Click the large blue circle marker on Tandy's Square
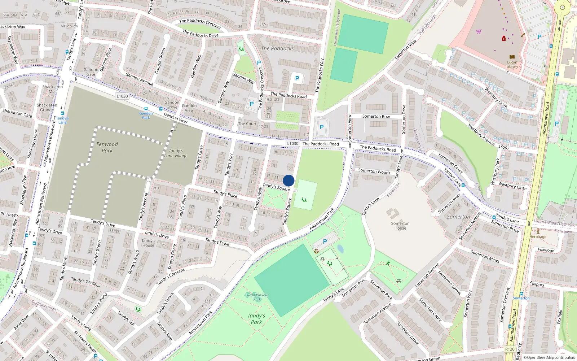[x=288, y=180]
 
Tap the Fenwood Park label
[x=107, y=147]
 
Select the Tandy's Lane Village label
[x=176, y=153]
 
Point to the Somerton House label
[x=400, y=226]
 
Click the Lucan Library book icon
[x=512, y=57]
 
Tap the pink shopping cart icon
[x=479, y=31]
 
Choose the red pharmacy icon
[x=504, y=39]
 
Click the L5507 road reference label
[x=504, y=147]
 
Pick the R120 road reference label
[x=510, y=349]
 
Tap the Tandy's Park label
[x=256, y=319]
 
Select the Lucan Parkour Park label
[x=257, y=297]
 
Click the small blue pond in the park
[x=340, y=249]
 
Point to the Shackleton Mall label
[x=53, y=89]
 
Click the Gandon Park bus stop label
[x=146, y=115]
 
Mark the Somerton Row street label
[x=376, y=116]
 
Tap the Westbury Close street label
[x=512, y=186]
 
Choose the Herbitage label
[x=538, y=237]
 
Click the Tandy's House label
[x=148, y=243]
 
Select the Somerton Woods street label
[x=374, y=171]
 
